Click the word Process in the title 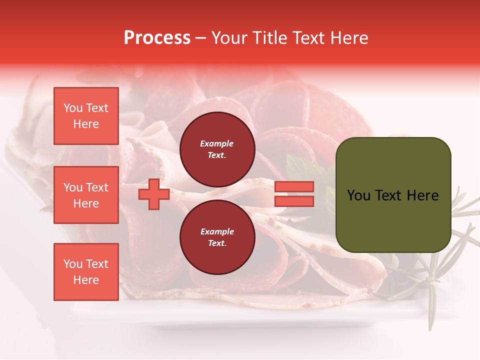point(157,38)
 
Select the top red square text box point(86,116)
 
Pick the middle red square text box point(86,195)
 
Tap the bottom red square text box point(86,272)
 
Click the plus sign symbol point(153,194)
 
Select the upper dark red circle point(217,149)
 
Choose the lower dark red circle point(217,237)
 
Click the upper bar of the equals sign point(294,186)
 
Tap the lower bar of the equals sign point(294,201)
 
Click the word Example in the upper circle point(217,143)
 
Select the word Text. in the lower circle point(217,243)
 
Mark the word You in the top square point(73,108)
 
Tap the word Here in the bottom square point(86,280)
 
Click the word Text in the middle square point(97,187)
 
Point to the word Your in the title point(230,38)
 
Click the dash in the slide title point(200,38)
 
